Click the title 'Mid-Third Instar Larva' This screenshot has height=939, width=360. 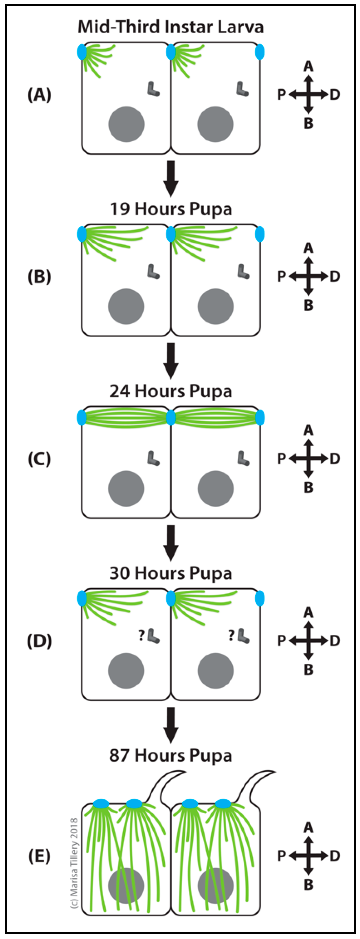pyautogui.click(x=170, y=27)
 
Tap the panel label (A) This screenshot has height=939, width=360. pyautogui.click(x=39, y=95)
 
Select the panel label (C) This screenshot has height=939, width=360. pyautogui.click(x=39, y=459)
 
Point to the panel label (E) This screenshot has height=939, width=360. pyautogui.click(x=39, y=856)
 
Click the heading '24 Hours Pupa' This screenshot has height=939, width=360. pyautogui.click(x=170, y=391)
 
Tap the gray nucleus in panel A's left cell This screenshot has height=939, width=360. pyautogui.click(x=126, y=124)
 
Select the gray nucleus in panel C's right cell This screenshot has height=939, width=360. pyautogui.click(x=215, y=488)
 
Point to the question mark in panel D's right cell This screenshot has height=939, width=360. pyautogui.click(x=231, y=636)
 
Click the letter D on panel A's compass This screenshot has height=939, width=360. pyautogui.click(x=335, y=95)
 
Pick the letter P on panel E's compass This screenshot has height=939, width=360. pyautogui.click(x=281, y=856)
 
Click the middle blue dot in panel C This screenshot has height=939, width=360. pyautogui.click(x=170, y=418)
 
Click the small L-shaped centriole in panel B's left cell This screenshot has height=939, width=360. pyautogui.click(x=153, y=272)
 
